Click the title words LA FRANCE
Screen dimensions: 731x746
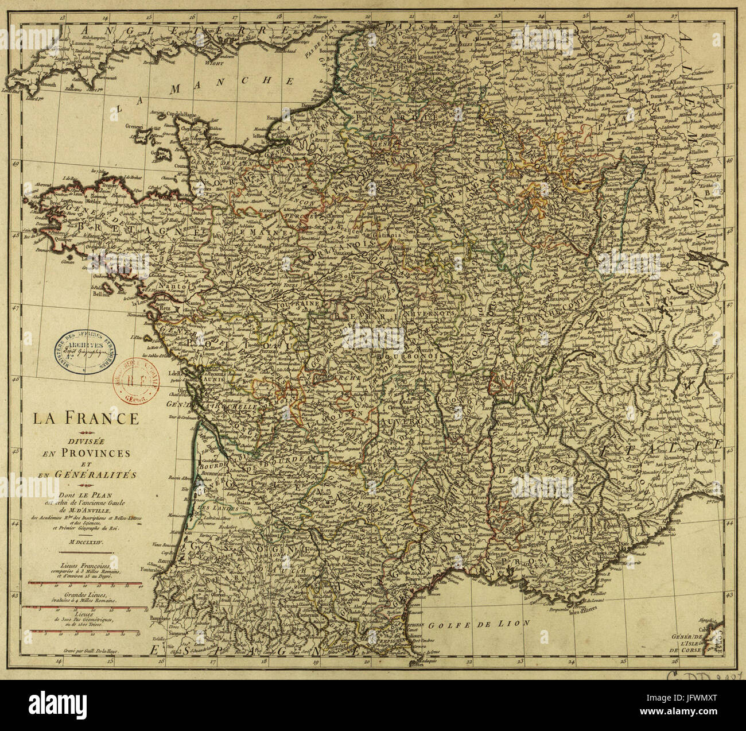click(85, 417)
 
